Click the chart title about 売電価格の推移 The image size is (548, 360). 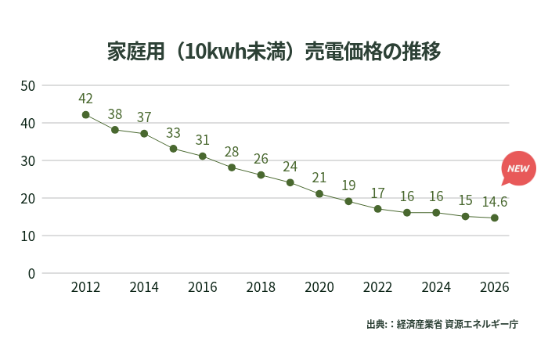pos(274,52)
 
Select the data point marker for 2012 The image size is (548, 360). pos(85,114)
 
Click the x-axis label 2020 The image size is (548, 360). pos(319,287)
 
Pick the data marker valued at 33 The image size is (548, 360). pos(173,149)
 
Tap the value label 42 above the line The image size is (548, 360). pos(85,99)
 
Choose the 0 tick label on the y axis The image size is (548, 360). pos(31,273)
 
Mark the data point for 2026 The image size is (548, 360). pos(495,218)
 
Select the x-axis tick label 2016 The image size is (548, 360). pos(202,287)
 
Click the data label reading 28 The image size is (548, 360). pos(232,152)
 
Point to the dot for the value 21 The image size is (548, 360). pos(319,193)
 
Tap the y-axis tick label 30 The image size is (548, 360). pos(27,160)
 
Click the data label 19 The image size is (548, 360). pos(348,185)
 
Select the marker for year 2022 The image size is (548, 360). pos(377,209)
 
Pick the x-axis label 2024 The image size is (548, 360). pos(436,287)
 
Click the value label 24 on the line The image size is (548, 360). pos(290,167)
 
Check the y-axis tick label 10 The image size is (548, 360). pos(27,236)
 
